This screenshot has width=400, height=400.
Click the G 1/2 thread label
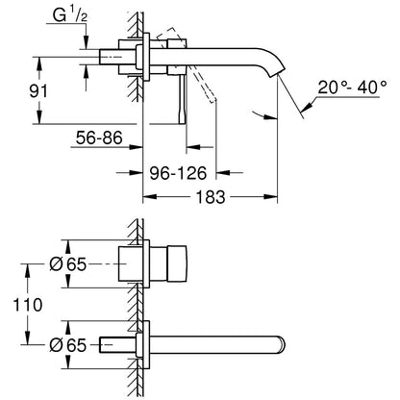click(x=70, y=15)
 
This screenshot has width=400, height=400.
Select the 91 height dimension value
click(x=38, y=91)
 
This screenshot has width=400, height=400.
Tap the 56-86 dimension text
click(x=99, y=137)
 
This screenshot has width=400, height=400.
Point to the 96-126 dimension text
click(x=179, y=173)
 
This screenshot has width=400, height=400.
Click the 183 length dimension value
click(x=211, y=196)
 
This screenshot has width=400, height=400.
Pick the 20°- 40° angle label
click(x=352, y=87)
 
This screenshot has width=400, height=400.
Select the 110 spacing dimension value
click(x=28, y=305)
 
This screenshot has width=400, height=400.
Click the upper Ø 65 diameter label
click(x=68, y=264)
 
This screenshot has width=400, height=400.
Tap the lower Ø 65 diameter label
click(x=68, y=345)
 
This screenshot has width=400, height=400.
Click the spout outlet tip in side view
click(x=278, y=75)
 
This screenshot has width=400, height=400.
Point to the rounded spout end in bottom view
click(x=282, y=345)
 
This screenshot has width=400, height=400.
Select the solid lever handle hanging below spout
click(x=182, y=99)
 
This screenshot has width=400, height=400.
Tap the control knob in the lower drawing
click(x=176, y=263)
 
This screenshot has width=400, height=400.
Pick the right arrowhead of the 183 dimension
click(x=270, y=196)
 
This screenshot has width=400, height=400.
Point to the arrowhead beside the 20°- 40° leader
click(x=307, y=107)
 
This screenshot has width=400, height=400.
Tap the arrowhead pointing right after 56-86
click(x=136, y=147)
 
